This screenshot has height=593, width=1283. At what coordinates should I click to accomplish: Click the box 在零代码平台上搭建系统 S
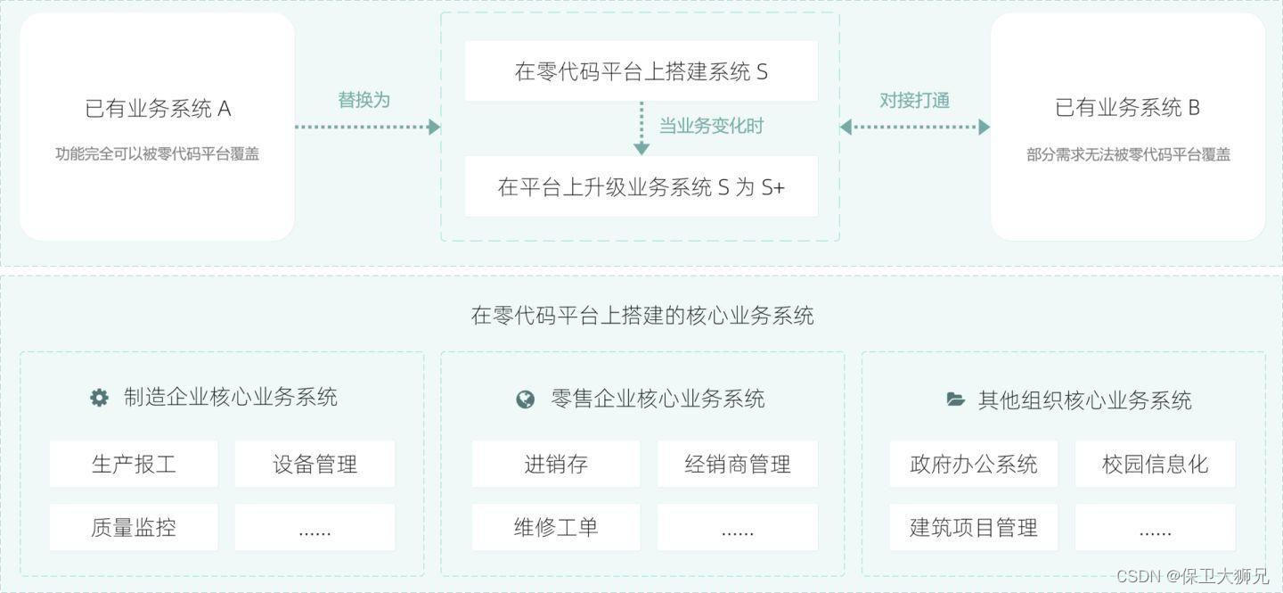641,71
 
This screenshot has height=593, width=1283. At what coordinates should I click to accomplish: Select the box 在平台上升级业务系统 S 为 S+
641,186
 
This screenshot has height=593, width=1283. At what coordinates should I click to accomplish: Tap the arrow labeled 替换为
367,127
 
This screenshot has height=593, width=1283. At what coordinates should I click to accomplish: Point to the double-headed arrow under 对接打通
914,127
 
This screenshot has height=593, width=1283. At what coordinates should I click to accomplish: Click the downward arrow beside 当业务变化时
641,128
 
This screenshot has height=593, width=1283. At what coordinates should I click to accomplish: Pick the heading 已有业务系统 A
158,109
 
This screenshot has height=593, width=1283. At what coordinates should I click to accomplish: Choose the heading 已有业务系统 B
1127,108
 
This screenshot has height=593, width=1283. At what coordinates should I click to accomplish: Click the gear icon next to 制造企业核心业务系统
99,398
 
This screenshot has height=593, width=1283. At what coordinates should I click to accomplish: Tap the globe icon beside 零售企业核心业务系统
526,399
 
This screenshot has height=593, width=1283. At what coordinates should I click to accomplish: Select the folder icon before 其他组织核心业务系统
955,399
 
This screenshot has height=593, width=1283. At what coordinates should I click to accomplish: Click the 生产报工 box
134,464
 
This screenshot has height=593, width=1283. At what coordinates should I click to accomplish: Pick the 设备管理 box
315,464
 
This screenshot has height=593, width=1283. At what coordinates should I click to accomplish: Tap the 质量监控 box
134,527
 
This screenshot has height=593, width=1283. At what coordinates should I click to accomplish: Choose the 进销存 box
556,464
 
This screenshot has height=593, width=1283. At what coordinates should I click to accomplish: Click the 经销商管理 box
737,464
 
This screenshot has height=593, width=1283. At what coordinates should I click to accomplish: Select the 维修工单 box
556,527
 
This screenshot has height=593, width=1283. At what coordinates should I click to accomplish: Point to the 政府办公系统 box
973,464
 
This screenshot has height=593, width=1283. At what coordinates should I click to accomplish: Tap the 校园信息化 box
1155,464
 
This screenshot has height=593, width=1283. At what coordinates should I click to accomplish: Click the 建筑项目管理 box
973,527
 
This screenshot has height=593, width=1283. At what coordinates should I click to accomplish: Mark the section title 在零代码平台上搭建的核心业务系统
641,315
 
